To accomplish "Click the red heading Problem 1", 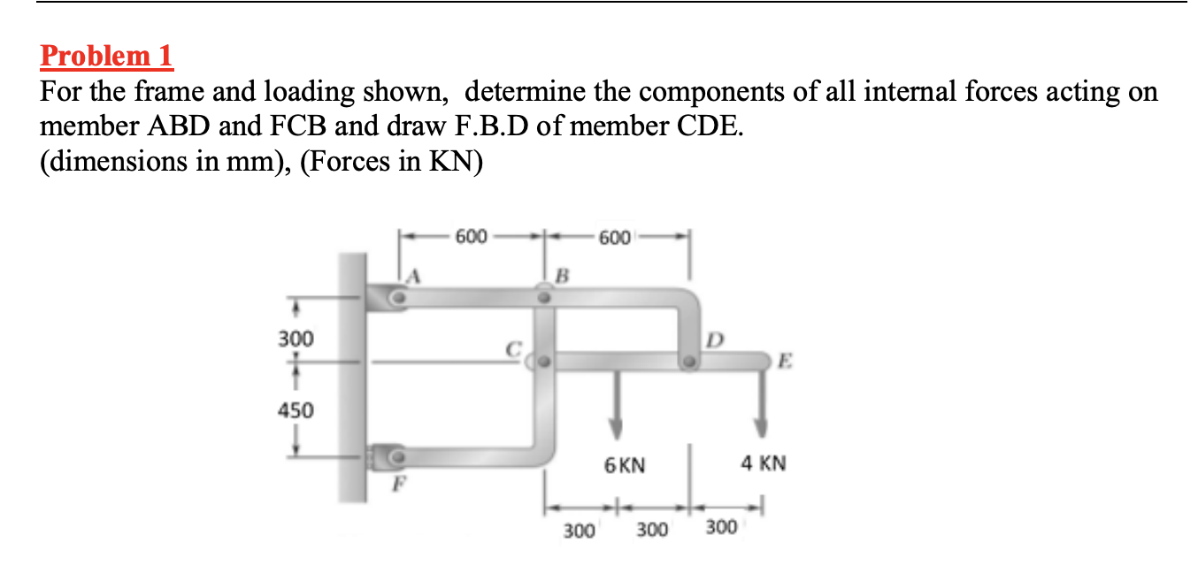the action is click(107, 57).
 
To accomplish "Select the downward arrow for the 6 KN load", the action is click(617, 403).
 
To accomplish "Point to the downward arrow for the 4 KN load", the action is click(759, 403).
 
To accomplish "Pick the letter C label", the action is click(511, 348).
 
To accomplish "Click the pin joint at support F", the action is click(399, 456).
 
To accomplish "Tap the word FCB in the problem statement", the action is click(296, 126).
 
